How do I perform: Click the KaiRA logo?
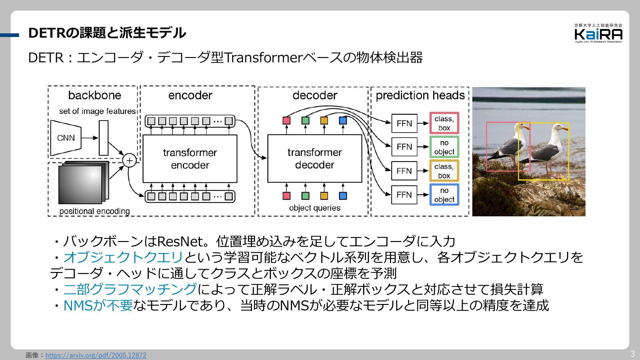coord(598,33)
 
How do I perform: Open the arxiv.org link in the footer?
coord(96,355)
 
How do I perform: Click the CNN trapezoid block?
coord(66,138)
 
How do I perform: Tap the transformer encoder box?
coord(190,159)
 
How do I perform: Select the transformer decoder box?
coord(315,158)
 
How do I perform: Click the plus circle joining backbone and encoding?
coord(129,161)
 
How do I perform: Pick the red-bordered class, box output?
coord(444,123)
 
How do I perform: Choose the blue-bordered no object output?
coord(444,195)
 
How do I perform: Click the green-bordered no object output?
coord(444,147)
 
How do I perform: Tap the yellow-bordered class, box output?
coord(444,171)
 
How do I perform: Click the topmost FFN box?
coord(404,123)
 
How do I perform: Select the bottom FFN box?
coord(404,195)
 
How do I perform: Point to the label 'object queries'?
coord(315,208)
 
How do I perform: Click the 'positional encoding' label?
coord(95,211)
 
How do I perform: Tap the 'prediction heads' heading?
coord(420,95)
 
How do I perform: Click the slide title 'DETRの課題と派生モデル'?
coord(107,33)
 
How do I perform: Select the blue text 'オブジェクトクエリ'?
coord(123,257)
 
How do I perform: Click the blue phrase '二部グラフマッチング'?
coord(130,289)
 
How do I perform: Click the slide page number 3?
coord(632,354)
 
